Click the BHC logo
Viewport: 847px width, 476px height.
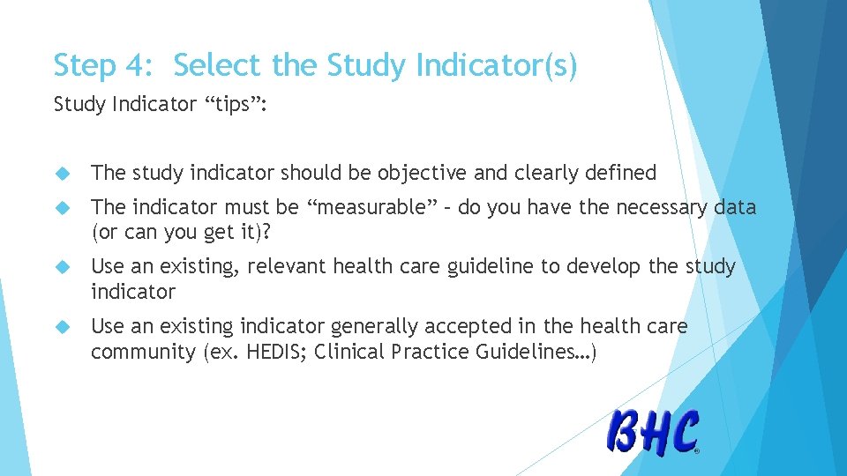pos(653,432)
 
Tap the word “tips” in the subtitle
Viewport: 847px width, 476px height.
pos(236,105)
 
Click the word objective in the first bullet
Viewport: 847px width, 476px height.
pos(423,174)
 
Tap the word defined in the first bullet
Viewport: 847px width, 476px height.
pos(621,174)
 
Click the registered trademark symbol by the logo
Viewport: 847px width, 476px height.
pos(697,450)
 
